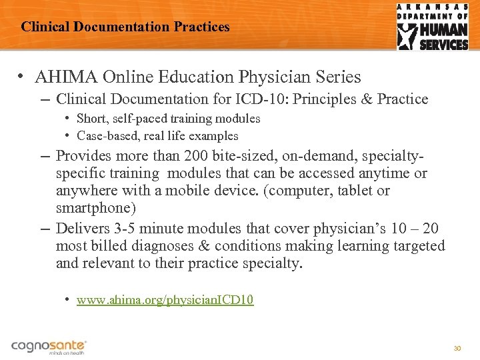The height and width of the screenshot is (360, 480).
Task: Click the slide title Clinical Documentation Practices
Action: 125,27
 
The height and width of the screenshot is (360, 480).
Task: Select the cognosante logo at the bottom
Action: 49,347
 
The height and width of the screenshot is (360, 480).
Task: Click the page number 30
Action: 457,348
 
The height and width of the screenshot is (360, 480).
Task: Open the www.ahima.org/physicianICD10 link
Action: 165,300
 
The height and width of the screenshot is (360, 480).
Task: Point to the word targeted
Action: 416,246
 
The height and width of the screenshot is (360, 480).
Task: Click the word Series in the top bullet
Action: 339,77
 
